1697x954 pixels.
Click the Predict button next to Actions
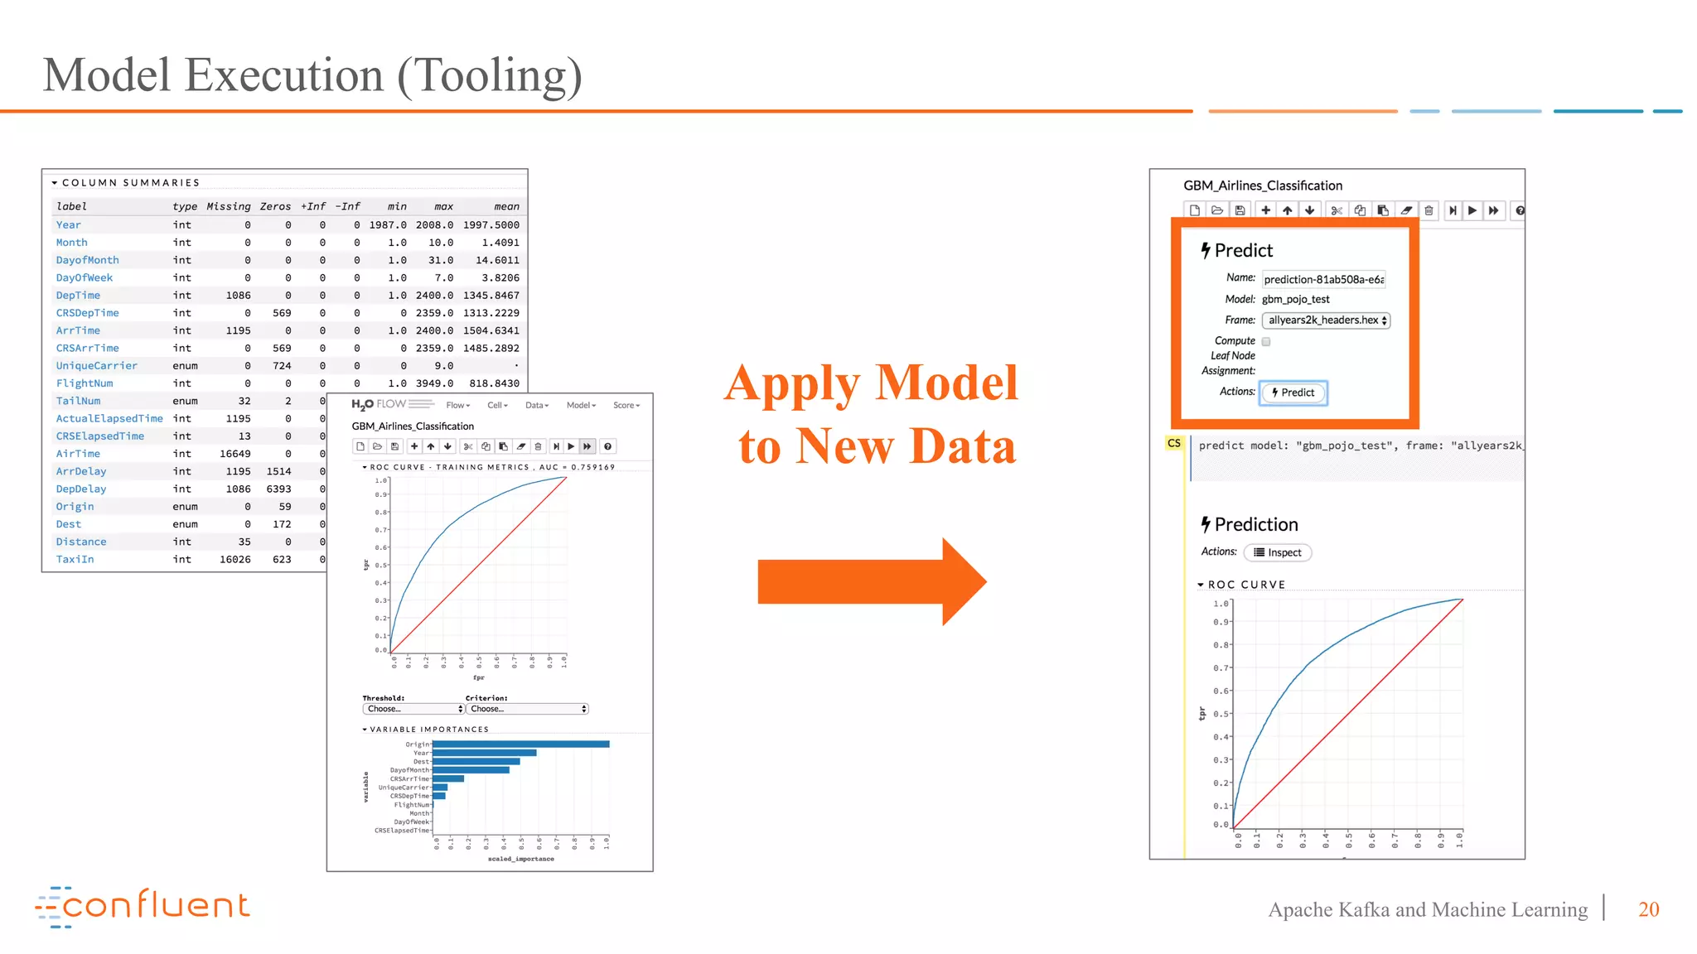tap(1293, 393)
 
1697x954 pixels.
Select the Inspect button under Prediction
tap(1277, 552)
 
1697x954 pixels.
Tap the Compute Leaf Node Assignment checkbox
tap(1266, 341)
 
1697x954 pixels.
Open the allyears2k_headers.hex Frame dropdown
tap(1326, 320)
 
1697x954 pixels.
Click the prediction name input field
tap(1323, 280)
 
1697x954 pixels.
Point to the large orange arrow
tap(871, 581)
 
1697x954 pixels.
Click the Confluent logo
tap(142, 906)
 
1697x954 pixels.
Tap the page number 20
tap(1648, 909)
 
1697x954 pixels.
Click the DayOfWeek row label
tap(85, 278)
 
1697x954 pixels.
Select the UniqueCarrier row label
tap(97, 366)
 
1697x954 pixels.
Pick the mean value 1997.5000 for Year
tap(491, 225)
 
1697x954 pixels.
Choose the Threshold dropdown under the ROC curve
tap(413, 709)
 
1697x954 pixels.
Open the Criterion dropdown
tap(527, 709)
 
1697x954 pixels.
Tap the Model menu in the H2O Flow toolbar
tap(581, 405)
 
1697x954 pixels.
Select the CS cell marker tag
tap(1173, 444)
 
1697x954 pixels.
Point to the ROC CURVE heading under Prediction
tap(1246, 585)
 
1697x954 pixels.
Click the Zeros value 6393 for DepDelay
tap(278, 489)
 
